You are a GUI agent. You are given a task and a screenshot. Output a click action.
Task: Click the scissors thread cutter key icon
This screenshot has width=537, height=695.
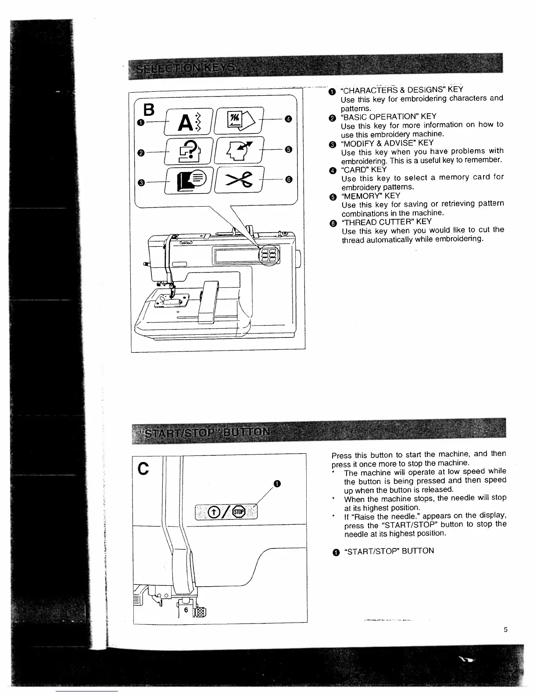pos(239,180)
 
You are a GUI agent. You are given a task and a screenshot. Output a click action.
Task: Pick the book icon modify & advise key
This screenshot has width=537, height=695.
pos(188,180)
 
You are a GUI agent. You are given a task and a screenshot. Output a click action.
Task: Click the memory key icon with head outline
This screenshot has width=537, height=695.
pos(239,150)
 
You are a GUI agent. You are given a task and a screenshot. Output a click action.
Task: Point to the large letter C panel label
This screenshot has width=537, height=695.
pos(143,469)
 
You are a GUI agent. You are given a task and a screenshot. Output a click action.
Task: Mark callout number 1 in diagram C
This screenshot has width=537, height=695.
pos(276,484)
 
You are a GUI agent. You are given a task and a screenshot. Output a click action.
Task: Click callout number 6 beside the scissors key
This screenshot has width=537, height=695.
pos(288,179)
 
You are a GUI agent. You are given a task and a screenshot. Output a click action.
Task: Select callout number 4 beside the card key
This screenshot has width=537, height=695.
pos(288,118)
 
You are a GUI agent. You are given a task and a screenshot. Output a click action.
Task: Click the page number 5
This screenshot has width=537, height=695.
pos(505,630)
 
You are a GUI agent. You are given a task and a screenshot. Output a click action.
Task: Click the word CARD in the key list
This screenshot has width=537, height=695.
pos(357,169)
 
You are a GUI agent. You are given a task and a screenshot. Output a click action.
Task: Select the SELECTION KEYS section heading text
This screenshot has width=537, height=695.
pos(186,69)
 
